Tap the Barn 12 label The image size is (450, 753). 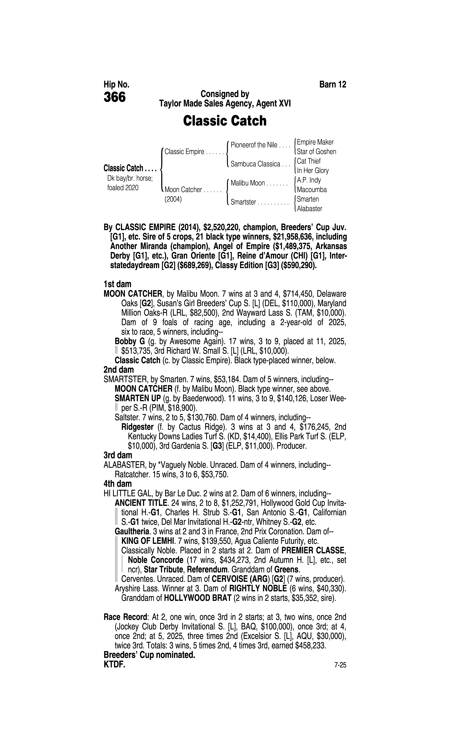tap(333, 84)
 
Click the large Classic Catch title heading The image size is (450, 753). tap(225, 121)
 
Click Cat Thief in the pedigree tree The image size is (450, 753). tap(309, 161)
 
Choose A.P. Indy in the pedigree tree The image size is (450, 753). tap(309, 180)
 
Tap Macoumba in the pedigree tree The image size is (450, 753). tap(312, 190)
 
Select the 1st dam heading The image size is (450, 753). tap(117, 284)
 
